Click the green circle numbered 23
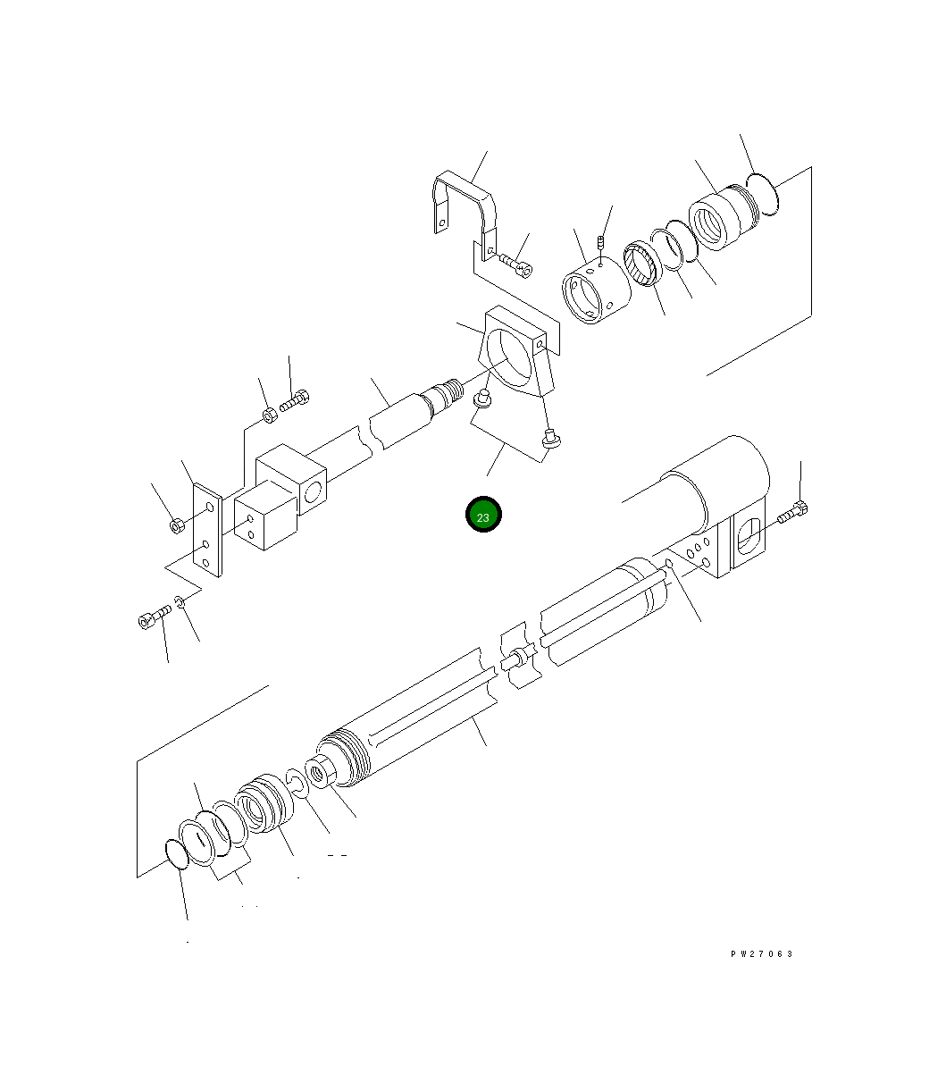tap(483, 515)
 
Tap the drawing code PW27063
tap(762, 953)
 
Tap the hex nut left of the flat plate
tap(177, 525)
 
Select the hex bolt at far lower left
tap(153, 617)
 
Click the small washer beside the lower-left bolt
tap(181, 603)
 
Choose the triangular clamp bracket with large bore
tap(515, 357)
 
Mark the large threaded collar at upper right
tap(722, 219)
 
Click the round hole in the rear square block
tap(314, 492)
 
